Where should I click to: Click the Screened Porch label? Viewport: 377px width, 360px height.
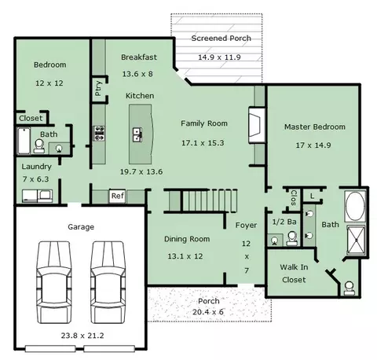click(x=221, y=39)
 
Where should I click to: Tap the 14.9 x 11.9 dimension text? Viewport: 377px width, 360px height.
click(x=219, y=57)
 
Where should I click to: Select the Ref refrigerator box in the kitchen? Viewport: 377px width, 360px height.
click(x=118, y=196)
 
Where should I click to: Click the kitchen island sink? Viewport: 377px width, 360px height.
click(x=137, y=134)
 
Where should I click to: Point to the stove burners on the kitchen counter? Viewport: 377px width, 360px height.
click(x=99, y=134)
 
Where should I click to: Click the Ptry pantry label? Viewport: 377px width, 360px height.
click(x=98, y=88)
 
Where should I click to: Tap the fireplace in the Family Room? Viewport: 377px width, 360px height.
click(x=257, y=125)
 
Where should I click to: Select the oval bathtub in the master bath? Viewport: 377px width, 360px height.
click(x=355, y=206)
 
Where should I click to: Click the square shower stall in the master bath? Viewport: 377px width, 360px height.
click(x=356, y=241)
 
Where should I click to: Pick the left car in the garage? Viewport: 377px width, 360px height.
click(x=54, y=282)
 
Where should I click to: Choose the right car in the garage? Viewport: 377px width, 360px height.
click(x=108, y=282)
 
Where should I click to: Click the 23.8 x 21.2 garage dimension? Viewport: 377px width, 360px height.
click(x=82, y=336)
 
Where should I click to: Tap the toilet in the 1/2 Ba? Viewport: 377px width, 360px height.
click(x=292, y=238)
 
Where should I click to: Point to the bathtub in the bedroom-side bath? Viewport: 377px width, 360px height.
click(x=24, y=141)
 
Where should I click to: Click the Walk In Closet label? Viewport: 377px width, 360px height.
click(x=294, y=274)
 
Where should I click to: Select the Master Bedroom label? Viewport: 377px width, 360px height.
click(x=315, y=127)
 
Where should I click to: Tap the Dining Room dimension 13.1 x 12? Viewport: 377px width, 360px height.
click(x=185, y=256)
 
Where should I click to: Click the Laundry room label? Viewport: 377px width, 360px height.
click(x=36, y=167)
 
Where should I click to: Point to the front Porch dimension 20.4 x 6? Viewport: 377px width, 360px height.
click(x=208, y=312)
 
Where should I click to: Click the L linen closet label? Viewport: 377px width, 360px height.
click(x=312, y=196)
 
